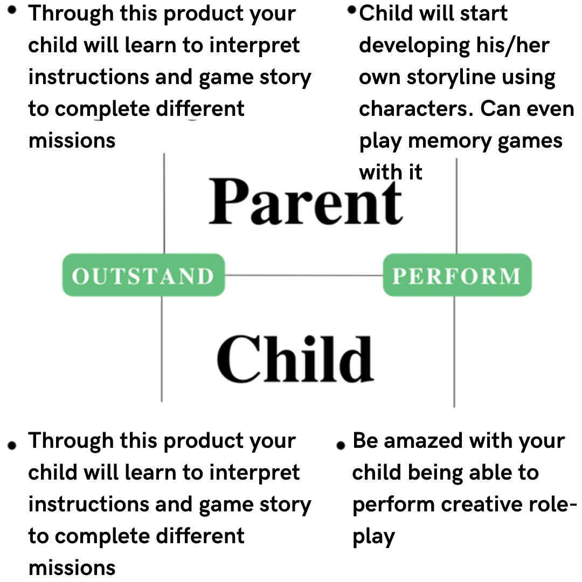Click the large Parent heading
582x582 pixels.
click(x=306, y=202)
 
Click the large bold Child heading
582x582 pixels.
click(x=295, y=359)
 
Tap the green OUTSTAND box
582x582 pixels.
click(x=144, y=275)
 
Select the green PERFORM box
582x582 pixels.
click(x=458, y=275)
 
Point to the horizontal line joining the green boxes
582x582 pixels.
click(x=304, y=275)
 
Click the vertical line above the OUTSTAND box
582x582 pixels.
click(x=164, y=203)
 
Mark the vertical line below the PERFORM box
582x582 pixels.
click(x=454, y=352)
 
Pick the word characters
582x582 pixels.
click(x=416, y=109)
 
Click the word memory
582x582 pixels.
click(x=449, y=142)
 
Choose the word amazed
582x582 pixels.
click(x=423, y=441)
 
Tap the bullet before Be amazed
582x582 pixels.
click(x=341, y=446)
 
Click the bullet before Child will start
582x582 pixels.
click(x=351, y=10)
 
